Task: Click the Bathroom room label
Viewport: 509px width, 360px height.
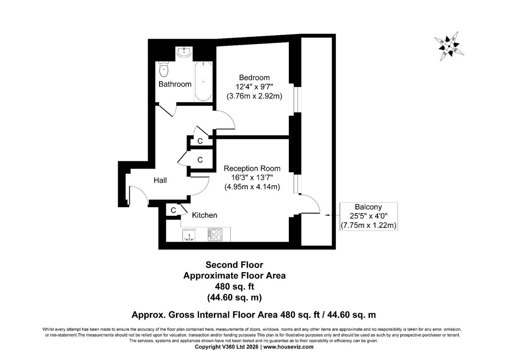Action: (175, 84)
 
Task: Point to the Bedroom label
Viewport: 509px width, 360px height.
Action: (254, 78)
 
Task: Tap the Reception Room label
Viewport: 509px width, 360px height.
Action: (252, 169)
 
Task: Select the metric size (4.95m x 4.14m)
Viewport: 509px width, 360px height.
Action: (252, 187)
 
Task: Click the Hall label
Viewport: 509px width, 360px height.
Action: (160, 180)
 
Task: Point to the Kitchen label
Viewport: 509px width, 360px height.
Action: (204, 215)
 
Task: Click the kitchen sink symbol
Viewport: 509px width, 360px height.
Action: (189, 235)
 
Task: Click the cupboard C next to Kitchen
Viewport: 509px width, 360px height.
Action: (173, 210)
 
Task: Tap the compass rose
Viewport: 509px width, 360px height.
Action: (448, 45)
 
